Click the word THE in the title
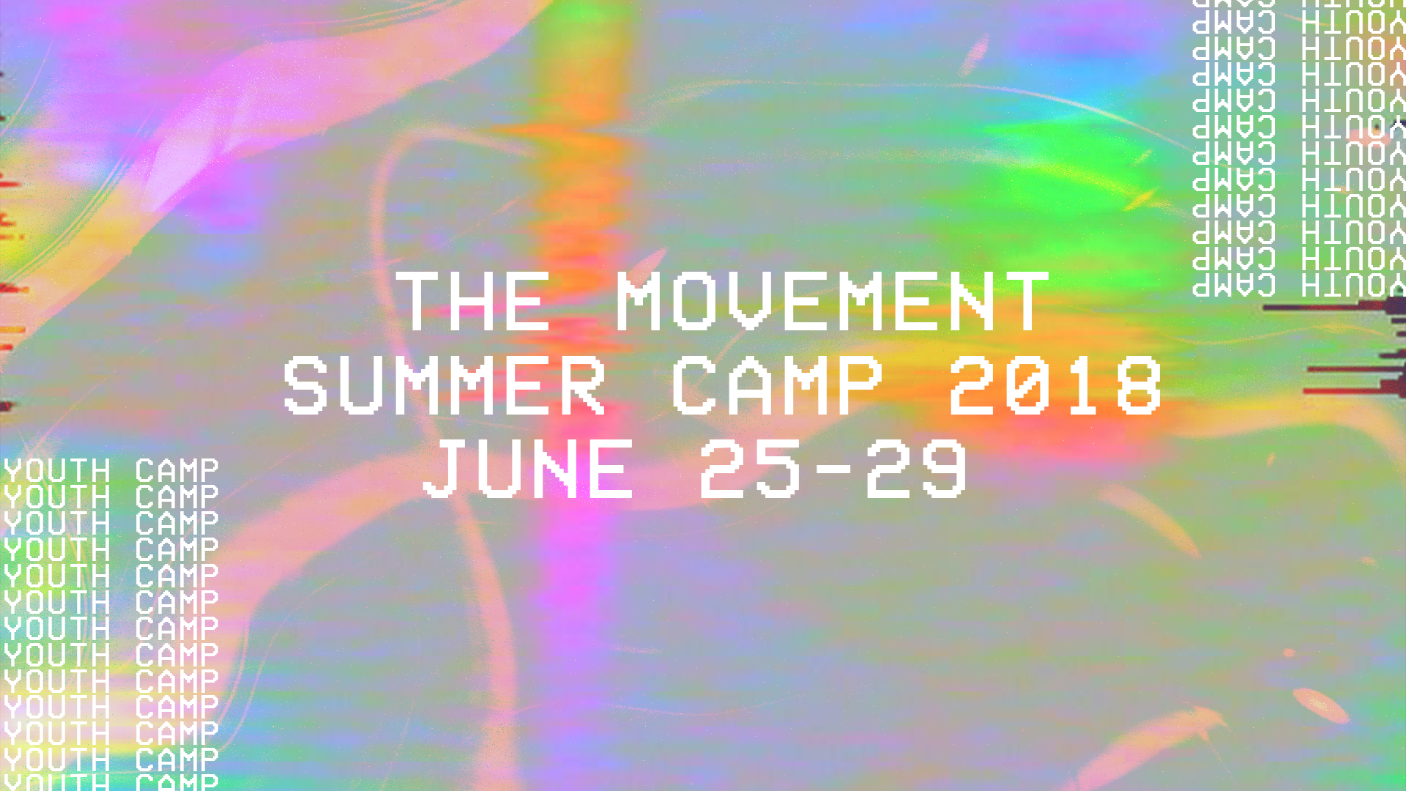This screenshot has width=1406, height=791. click(473, 301)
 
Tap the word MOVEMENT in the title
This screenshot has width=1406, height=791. click(833, 301)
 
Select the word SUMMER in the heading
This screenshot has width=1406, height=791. click(445, 385)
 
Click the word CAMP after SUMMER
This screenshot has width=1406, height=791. click(778, 385)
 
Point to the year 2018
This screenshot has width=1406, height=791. click(1054, 385)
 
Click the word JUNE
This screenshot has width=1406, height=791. click(528, 469)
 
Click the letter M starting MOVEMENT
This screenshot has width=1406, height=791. click(641, 301)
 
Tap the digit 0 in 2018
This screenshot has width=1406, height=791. click(1027, 385)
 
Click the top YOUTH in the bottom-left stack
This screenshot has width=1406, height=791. click(57, 471)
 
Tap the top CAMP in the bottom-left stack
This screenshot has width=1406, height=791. click(176, 471)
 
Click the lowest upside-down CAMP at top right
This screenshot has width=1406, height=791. click(1234, 284)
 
